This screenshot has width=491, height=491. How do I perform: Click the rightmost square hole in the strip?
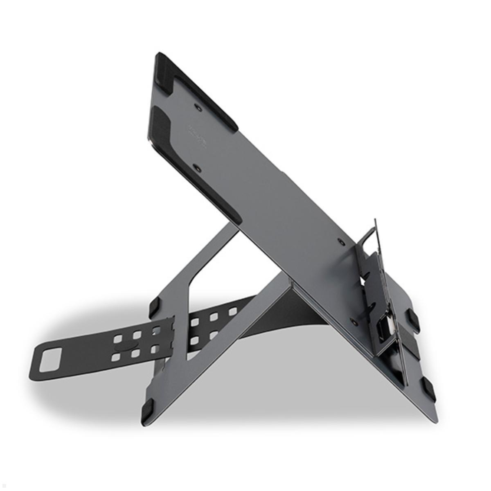233,312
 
